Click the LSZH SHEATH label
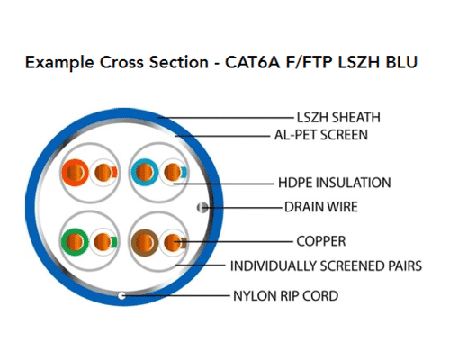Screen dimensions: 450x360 click(338, 117)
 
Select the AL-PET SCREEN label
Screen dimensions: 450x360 click(321, 135)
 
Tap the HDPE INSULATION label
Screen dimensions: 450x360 click(335, 183)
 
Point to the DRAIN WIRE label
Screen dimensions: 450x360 click(321, 207)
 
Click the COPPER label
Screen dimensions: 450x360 click(321, 241)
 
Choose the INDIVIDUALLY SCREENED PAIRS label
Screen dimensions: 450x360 click(326, 265)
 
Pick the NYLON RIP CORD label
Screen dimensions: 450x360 click(286, 296)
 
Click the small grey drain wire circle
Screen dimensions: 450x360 click(202, 207)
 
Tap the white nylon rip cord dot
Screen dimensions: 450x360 click(121, 296)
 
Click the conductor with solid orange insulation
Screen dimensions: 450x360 click(75, 173)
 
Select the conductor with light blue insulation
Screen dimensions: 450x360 click(145, 173)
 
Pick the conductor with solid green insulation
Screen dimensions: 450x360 click(75, 242)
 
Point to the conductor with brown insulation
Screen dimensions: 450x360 click(145, 242)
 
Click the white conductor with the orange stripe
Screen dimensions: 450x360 click(103, 173)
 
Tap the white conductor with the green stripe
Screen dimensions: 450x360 click(103, 242)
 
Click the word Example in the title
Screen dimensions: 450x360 click(59, 63)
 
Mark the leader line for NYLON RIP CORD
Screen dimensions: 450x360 click(176, 296)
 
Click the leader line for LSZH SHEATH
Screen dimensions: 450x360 click(226, 118)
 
